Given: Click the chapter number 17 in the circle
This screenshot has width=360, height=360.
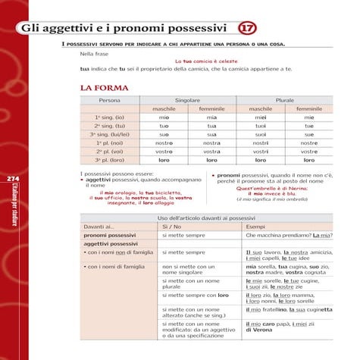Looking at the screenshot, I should tap(247, 29).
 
